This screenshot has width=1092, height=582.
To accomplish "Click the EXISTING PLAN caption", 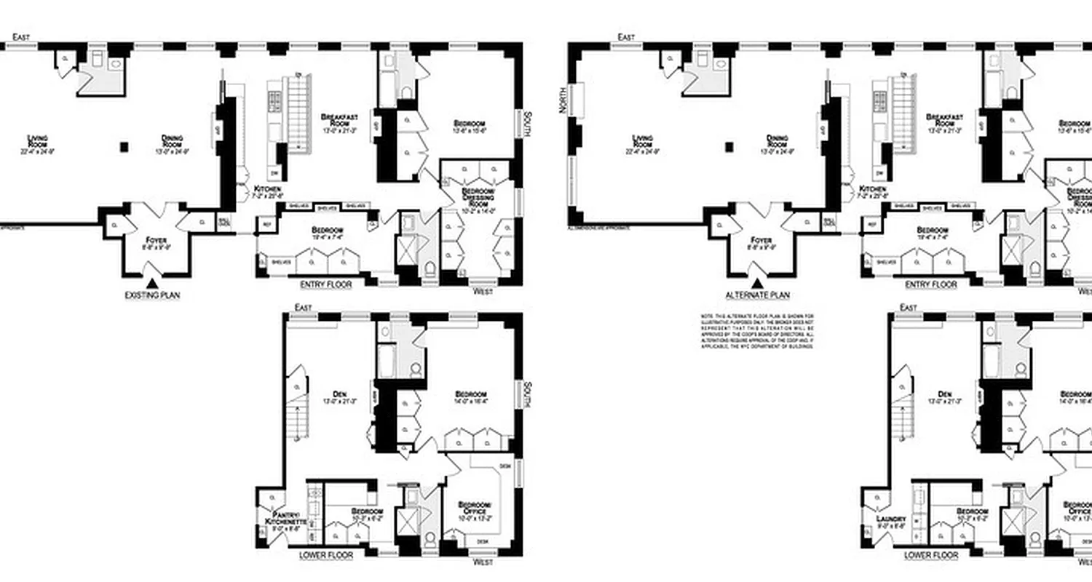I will [x=152, y=295].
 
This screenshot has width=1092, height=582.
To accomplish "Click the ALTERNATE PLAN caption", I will [x=757, y=295].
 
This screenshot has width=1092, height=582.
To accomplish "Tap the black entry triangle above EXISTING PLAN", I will [x=151, y=283].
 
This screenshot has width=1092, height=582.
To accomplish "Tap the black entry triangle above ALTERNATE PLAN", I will [x=757, y=283].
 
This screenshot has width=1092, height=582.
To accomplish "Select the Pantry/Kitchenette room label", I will [x=276, y=521].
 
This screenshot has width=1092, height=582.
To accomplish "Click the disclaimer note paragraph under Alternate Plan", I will [x=757, y=331].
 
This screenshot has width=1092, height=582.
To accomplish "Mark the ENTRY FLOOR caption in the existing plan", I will [x=325, y=285].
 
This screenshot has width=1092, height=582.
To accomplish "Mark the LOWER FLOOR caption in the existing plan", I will [x=325, y=555].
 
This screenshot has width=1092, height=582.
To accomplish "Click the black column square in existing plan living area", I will [x=124, y=147].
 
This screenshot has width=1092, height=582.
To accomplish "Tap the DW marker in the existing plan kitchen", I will [x=274, y=173].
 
